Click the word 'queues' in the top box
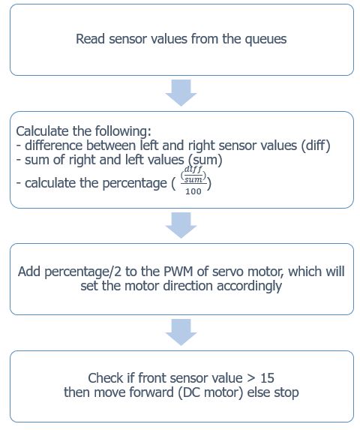(x=265, y=40)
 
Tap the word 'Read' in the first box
(x=90, y=39)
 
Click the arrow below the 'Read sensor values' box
(x=181, y=93)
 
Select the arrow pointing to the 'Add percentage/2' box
(x=181, y=225)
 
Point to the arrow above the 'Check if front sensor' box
(x=181, y=332)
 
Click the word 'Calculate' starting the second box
(x=42, y=131)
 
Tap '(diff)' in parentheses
(x=316, y=146)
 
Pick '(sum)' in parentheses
(x=205, y=160)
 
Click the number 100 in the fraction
(x=193, y=191)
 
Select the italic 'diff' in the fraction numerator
(x=193, y=169)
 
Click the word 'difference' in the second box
(x=54, y=146)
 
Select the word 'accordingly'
(x=249, y=287)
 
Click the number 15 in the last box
(x=267, y=378)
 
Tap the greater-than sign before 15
(x=251, y=379)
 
